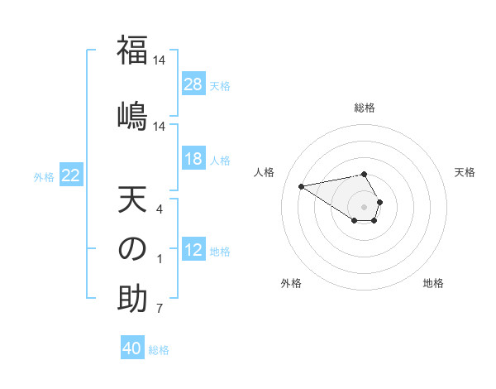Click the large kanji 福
pos(132,50)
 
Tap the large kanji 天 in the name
pos(132,201)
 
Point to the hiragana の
pos(132,249)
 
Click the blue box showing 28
pos(193,84)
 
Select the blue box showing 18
pos(193,159)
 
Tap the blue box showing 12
pos(193,250)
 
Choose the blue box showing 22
pos(71,175)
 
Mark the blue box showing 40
pos(132,348)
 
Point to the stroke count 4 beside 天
pos(160,210)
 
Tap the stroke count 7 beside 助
pos(160,310)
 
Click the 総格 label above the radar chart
pos(365,108)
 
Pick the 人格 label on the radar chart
pos(265,172)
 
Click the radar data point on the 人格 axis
pos(301,185)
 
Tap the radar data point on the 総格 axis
pos(365,174)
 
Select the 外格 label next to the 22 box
pos(44,176)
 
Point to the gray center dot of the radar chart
pos(365,206)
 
